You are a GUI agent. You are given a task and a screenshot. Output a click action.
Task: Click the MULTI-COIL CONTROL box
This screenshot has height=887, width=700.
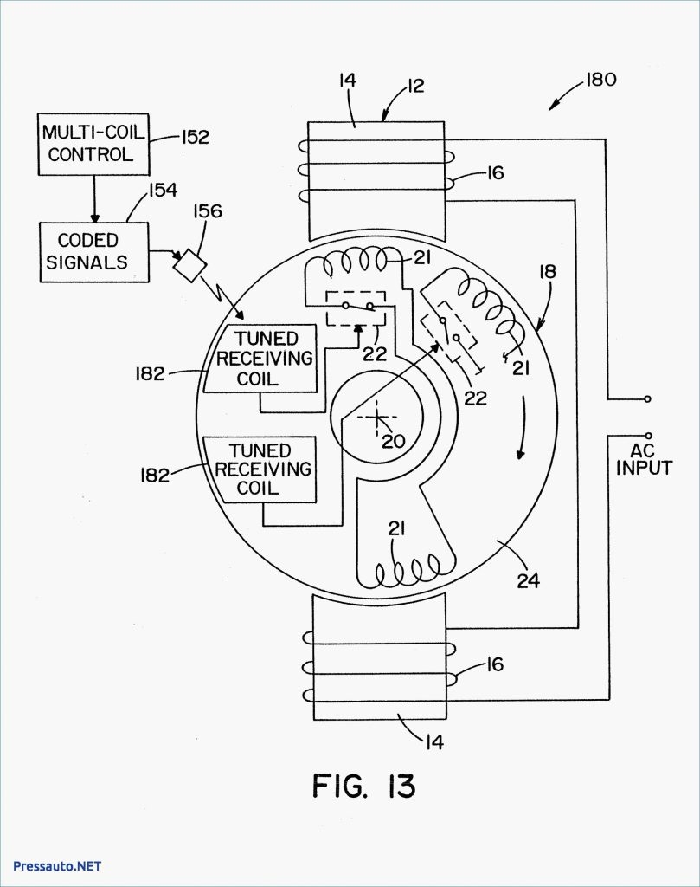tap(91, 145)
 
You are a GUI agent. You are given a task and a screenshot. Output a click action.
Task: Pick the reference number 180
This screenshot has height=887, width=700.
tap(598, 80)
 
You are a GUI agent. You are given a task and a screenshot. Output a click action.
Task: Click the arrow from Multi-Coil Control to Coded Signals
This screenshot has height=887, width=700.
tap(94, 198)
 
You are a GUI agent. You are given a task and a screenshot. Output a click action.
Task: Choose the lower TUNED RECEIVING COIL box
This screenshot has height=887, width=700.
tap(259, 469)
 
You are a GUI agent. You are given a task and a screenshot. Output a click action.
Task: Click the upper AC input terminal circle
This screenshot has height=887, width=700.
tap(648, 399)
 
